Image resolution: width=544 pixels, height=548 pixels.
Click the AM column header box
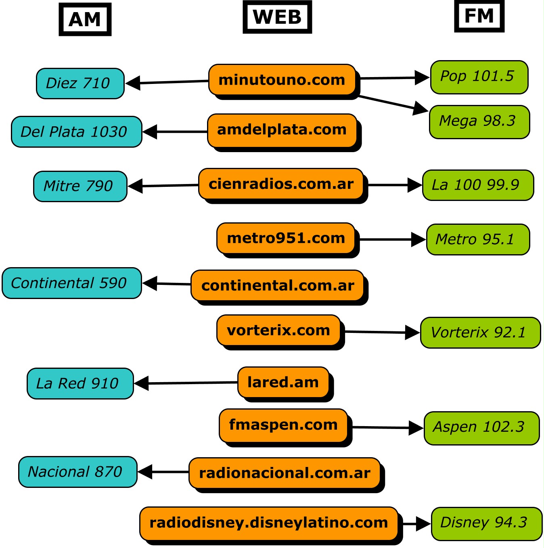pos(85,19)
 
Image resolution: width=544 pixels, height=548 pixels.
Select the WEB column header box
pos(277,17)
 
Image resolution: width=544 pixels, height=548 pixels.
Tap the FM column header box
pos(479,16)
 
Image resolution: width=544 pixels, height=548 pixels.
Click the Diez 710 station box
pos(80,84)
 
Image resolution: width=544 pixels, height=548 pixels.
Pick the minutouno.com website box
pos(282,80)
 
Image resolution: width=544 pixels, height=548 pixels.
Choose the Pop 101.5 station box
pos(479,77)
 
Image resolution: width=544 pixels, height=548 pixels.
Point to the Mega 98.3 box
pos(479,122)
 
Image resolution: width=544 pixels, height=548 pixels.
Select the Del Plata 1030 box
pos(76,132)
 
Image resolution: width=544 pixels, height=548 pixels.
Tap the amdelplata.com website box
pos(282,130)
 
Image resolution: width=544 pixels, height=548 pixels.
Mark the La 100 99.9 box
pos(478,185)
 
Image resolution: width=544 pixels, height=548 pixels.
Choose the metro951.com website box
pos(286,238)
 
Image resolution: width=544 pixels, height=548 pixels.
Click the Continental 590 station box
pos(71,283)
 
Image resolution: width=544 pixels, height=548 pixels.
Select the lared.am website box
pos(283,382)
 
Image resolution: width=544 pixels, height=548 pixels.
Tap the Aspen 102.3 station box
pos(481,428)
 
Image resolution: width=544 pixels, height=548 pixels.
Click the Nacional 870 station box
pos(77,472)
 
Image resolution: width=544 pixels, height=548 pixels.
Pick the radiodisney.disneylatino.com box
pos(269,523)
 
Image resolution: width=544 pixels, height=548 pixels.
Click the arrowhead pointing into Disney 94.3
pos(423,524)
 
